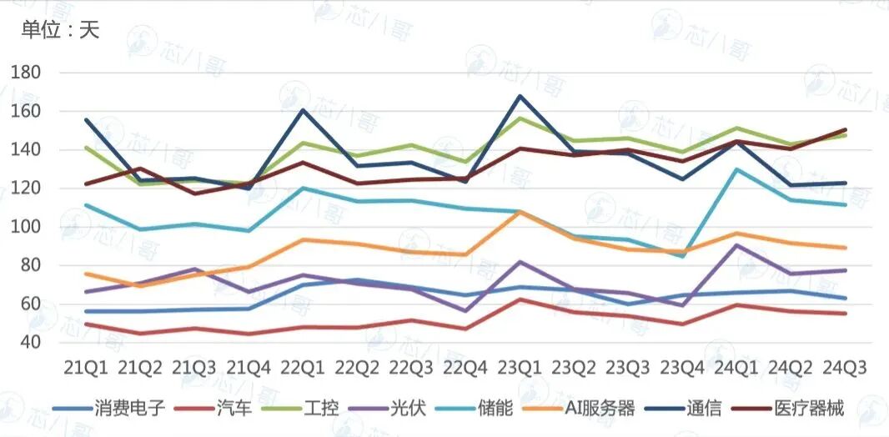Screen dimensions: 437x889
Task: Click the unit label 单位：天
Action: (60, 31)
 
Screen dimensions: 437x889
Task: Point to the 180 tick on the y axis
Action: (27, 73)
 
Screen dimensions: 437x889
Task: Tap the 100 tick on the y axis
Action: (27, 227)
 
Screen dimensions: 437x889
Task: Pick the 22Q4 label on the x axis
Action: (466, 367)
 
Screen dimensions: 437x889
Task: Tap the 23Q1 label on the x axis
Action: (520, 367)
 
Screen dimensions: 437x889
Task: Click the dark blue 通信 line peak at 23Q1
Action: (520, 96)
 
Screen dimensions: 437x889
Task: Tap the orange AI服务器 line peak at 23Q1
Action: (520, 212)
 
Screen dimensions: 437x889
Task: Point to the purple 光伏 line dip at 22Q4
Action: (465, 311)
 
